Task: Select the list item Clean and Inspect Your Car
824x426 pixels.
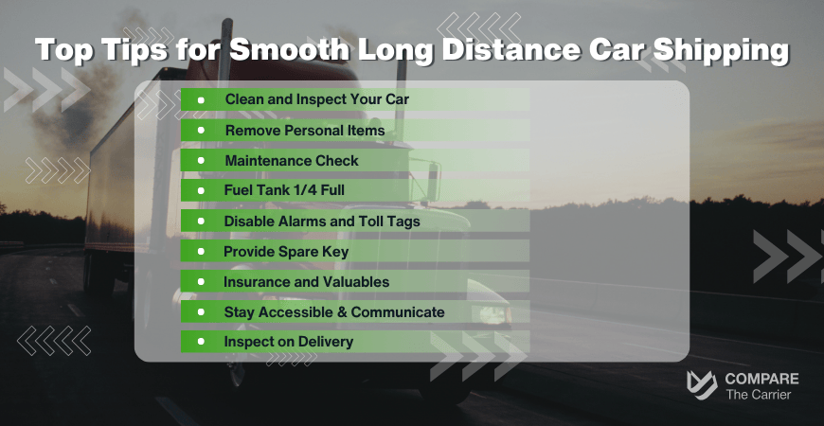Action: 316,98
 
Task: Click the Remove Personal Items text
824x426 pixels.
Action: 304,130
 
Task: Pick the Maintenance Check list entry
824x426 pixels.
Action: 291,161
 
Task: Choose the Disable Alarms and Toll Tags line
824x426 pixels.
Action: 321,222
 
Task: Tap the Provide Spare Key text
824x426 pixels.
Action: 286,252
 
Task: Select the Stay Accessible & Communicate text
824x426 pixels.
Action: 333,311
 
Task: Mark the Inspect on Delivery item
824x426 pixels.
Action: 288,342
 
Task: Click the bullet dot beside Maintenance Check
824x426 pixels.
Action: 201,161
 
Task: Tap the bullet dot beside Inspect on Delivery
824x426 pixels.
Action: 201,342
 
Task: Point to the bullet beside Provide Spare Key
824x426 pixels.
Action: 201,252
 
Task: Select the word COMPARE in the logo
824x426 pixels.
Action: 761,379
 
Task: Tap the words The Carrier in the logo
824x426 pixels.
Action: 757,395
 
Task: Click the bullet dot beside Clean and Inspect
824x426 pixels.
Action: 201,98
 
